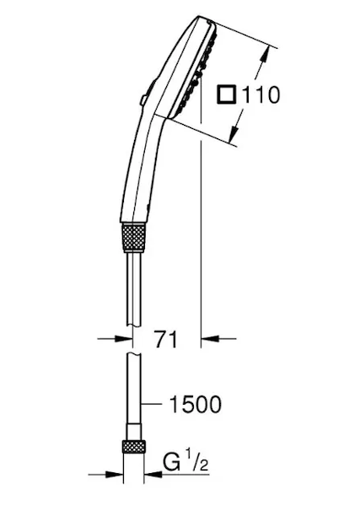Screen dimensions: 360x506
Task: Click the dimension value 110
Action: pyautogui.click(x=261, y=94)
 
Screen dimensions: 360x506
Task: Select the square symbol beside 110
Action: pyautogui.click(x=227, y=94)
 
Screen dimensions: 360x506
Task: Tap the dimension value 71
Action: pyautogui.click(x=166, y=339)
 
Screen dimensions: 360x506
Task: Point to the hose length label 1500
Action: pyautogui.click(x=196, y=404)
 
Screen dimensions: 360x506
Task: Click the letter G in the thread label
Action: pyautogui.click(x=172, y=462)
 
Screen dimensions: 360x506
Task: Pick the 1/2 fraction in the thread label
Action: pyautogui.click(x=198, y=462)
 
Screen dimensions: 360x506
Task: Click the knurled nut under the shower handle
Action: pyautogui.click(x=134, y=237)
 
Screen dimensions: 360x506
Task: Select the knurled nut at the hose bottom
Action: pyautogui.click(x=134, y=447)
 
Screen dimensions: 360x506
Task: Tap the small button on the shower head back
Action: pyautogui.click(x=142, y=100)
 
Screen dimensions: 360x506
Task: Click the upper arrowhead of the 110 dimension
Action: pyautogui.click(x=265, y=54)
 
